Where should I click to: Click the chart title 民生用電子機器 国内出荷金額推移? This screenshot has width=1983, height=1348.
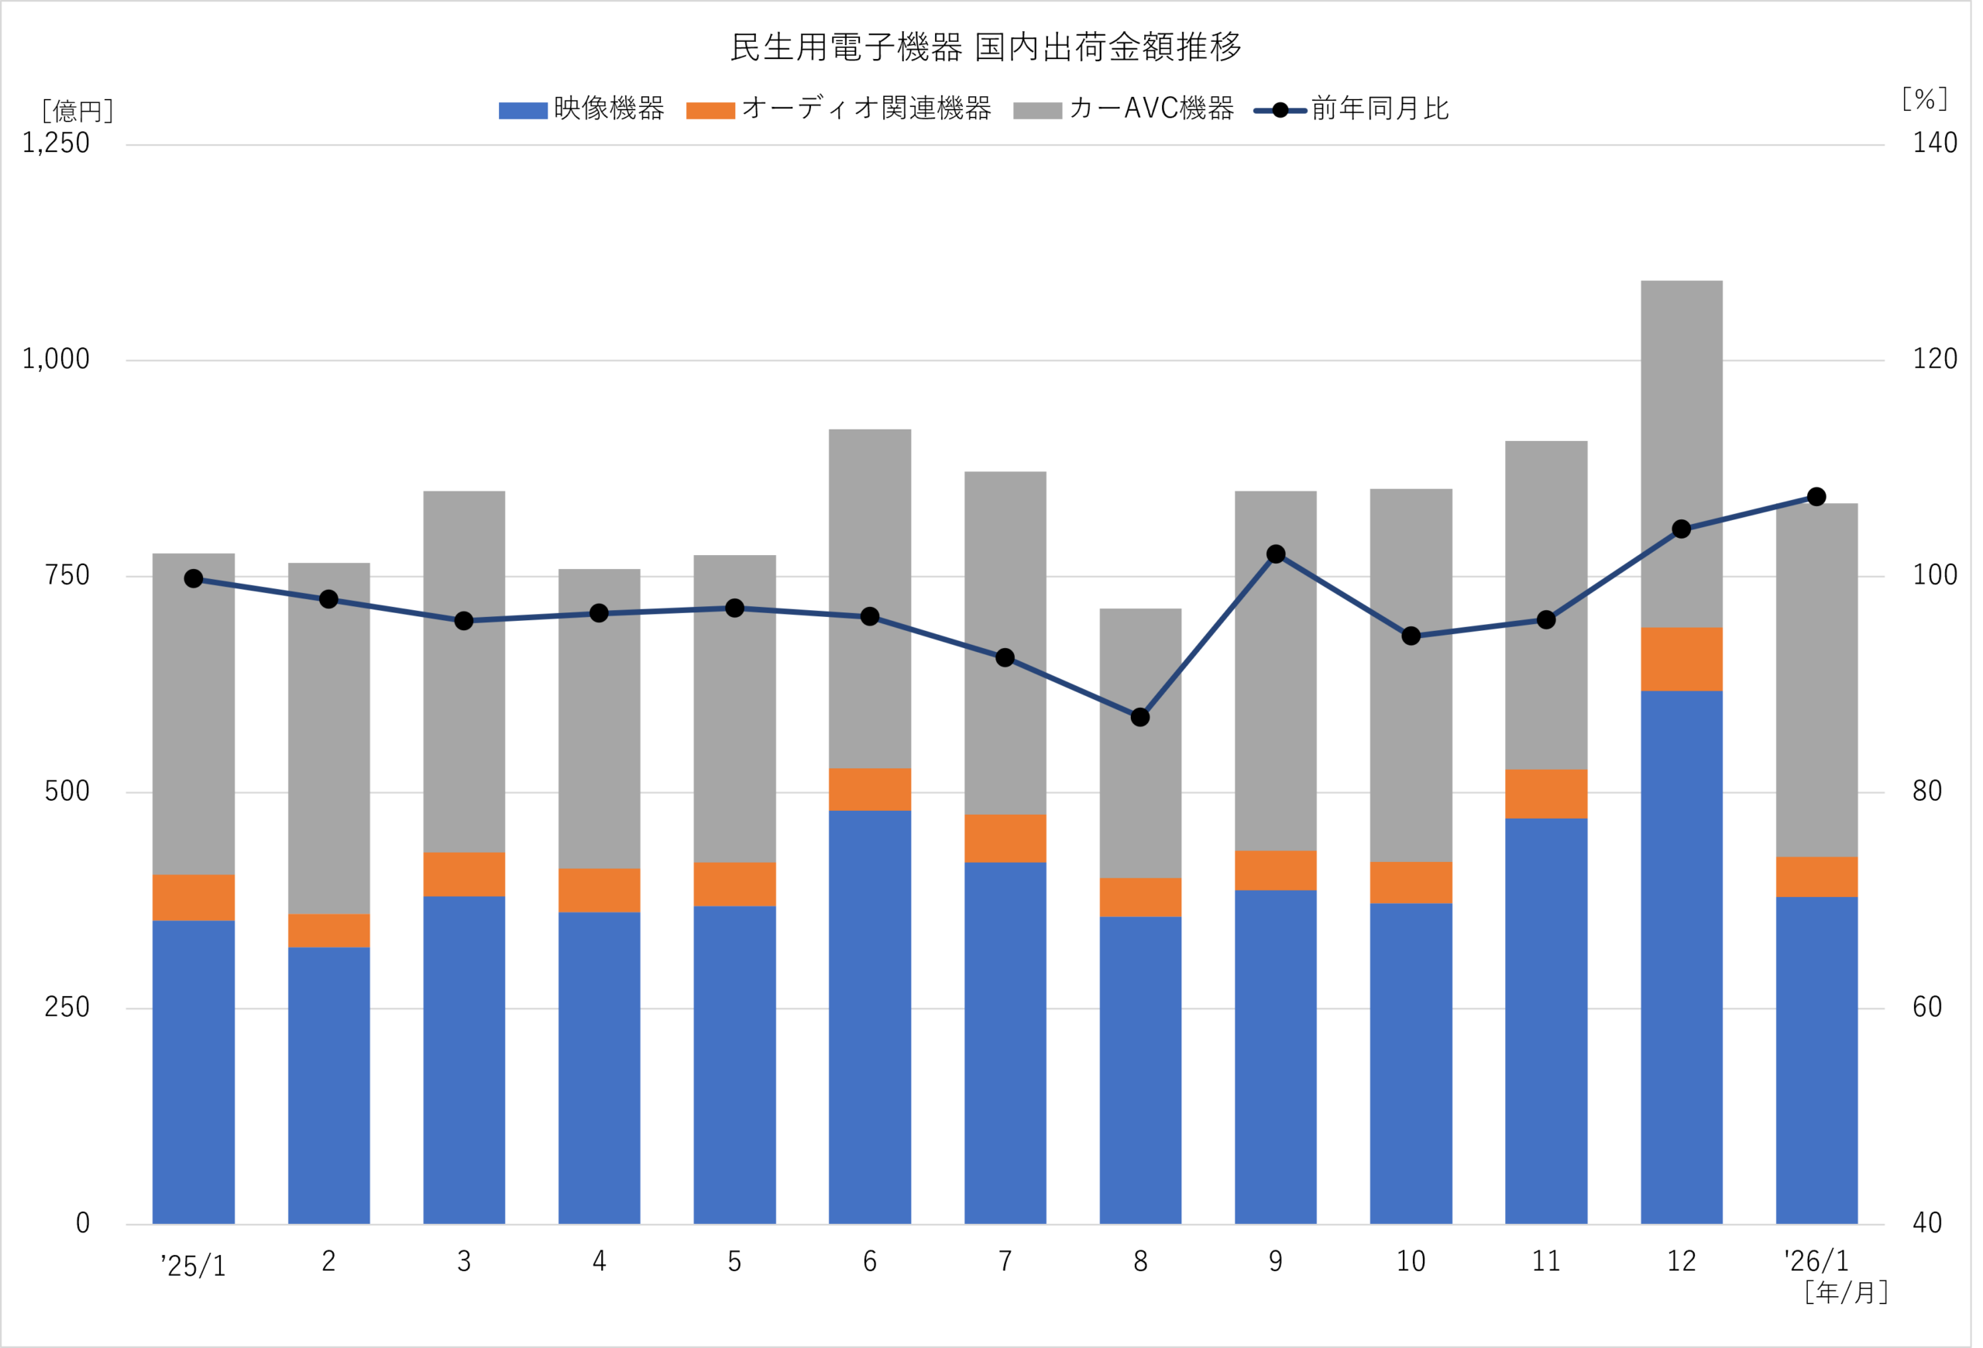(x=985, y=48)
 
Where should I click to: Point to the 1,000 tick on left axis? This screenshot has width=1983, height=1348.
(x=56, y=360)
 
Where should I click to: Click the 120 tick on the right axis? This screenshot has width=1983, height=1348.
(x=1934, y=360)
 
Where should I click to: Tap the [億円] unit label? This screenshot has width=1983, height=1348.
(x=77, y=111)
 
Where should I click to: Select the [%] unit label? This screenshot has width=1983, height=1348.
(x=1924, y=99)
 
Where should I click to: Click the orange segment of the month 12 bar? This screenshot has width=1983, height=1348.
(x=1681, y=659)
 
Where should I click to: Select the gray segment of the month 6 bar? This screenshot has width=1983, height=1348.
(x=869, y=598)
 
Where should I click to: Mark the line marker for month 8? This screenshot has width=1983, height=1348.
(x=1140, y=717)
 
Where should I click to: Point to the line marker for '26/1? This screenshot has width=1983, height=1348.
(x=1816, y=497)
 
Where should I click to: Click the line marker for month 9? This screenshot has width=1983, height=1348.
(x=1276, y=554)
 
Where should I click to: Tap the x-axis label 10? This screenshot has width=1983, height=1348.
(x=1411, y=1262)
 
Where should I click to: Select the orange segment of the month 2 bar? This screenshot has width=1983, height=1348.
(x=328, y=930)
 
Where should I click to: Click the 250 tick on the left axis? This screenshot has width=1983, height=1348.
(x=67, y=1008)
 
